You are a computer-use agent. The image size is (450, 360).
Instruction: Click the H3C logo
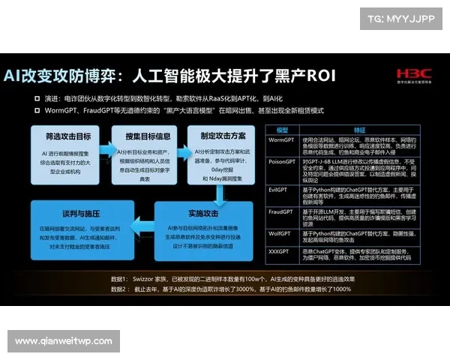[x=413, y=75]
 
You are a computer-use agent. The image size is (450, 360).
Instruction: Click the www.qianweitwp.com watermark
[x=62, y=341]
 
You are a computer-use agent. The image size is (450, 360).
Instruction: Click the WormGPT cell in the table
[x=281, y=139]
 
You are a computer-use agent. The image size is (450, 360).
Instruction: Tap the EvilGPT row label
[x=281, y=190]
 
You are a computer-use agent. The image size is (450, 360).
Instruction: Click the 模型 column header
[x=282, y=129]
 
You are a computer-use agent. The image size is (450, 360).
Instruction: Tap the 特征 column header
[x=359, y=129]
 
